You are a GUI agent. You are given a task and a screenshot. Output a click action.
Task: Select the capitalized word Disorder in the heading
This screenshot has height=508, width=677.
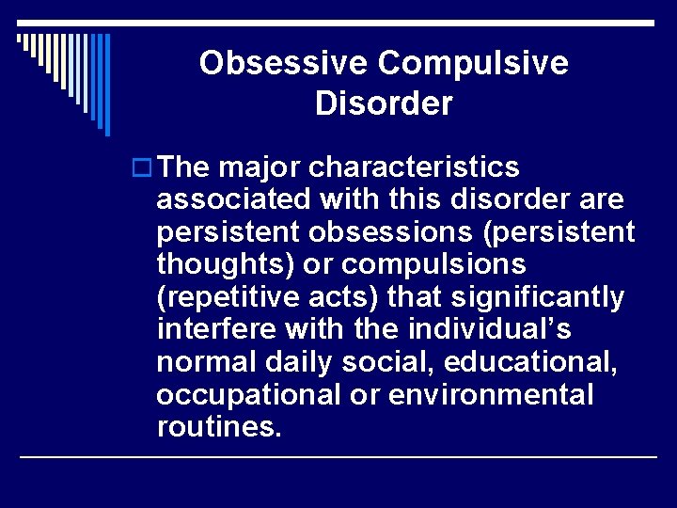384,103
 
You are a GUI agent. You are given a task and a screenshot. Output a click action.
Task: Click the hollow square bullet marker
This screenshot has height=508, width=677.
144,168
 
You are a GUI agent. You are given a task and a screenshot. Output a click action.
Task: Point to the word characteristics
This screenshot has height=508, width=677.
414,167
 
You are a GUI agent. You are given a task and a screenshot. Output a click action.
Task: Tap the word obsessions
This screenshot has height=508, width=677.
375,232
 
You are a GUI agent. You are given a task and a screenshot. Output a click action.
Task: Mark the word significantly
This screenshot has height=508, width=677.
537,297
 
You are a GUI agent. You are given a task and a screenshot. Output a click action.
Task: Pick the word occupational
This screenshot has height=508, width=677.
244,394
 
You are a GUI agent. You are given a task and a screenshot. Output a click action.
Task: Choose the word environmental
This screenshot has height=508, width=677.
491,394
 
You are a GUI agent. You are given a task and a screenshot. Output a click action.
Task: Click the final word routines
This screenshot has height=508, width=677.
218,426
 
